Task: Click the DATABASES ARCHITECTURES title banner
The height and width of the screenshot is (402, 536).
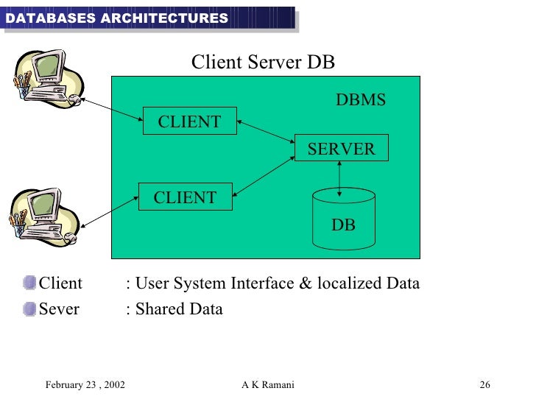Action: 116,18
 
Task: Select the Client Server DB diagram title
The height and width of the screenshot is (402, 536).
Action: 263,63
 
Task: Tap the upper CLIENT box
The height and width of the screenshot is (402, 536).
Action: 190,121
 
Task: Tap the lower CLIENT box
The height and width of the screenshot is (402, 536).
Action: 186,197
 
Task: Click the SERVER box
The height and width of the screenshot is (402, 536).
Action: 341,149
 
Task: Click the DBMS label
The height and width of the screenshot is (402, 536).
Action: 361,100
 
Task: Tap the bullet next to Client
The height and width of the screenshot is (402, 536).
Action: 29,283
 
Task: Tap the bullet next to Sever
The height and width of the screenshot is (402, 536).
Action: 29,308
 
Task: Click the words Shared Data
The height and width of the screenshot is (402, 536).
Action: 178,309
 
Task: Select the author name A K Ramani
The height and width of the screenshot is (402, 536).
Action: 267,385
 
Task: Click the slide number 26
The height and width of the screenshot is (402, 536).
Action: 484,385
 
